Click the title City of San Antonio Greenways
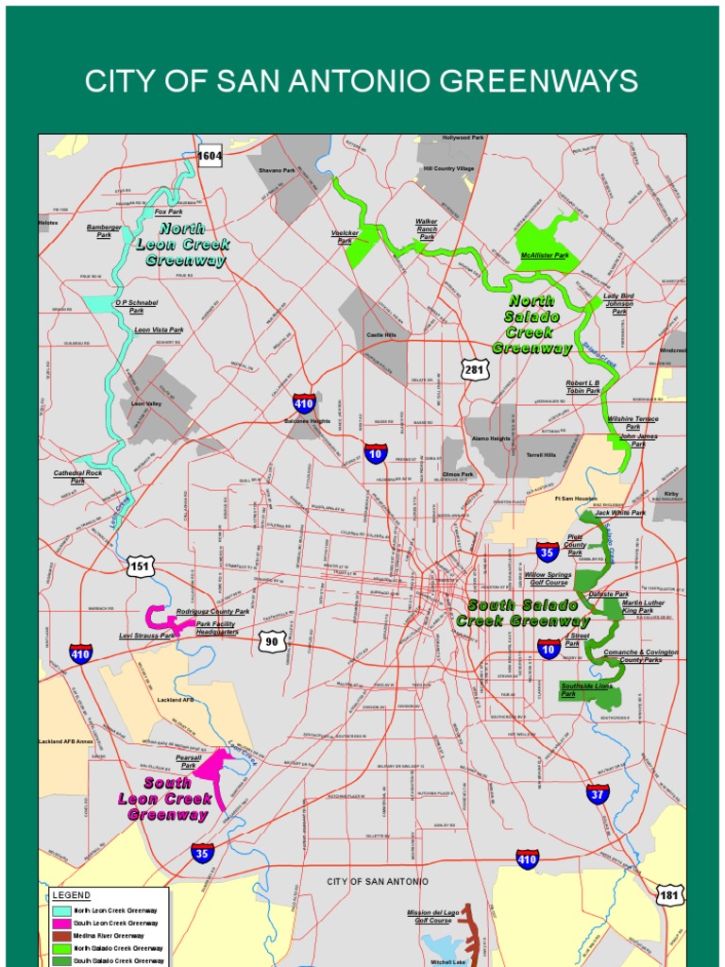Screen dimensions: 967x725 [x=362, y=81]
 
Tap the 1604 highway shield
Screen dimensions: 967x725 [x=210, y=157]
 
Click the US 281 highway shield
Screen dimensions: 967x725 [x=474, y=368]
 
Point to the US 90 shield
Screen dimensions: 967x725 [x=273, y=642]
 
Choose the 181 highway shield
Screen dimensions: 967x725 [x=669, y=894]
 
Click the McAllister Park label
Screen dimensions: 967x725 [x=545, y=255]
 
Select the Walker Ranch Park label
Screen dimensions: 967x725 [x=427, y=229]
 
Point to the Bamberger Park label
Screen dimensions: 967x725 [x=104, y=231]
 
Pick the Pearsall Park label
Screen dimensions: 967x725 [x=189, y=761]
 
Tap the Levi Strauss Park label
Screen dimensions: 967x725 [x=146, y=636]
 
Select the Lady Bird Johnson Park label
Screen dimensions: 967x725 [x=619, y=303]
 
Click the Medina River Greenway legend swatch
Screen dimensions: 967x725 [x=61, y=935]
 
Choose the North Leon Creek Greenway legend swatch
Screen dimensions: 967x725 [x=61, y=910]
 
